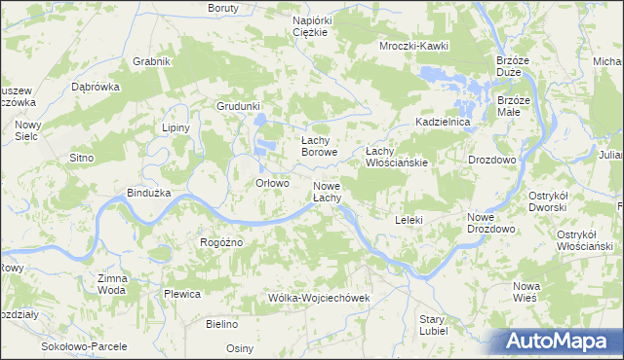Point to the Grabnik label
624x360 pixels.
point(152,61)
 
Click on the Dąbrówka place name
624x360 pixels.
point(96,86)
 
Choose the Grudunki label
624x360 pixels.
point(240,106)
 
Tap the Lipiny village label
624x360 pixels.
point(175,127)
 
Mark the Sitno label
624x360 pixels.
point(81,157)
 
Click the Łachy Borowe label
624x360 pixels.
point(319,147)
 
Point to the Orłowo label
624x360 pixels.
point(272,183)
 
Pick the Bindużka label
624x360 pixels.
point(149,193)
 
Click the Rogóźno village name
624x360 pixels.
point(220,242)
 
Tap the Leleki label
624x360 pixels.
point(409,220)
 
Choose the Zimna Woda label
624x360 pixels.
point(112,284)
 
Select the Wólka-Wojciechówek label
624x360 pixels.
point(320,297)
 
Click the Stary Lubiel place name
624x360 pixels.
point(433,324)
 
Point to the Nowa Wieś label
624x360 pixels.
point(526,292)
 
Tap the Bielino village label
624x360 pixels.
point(222,322)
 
